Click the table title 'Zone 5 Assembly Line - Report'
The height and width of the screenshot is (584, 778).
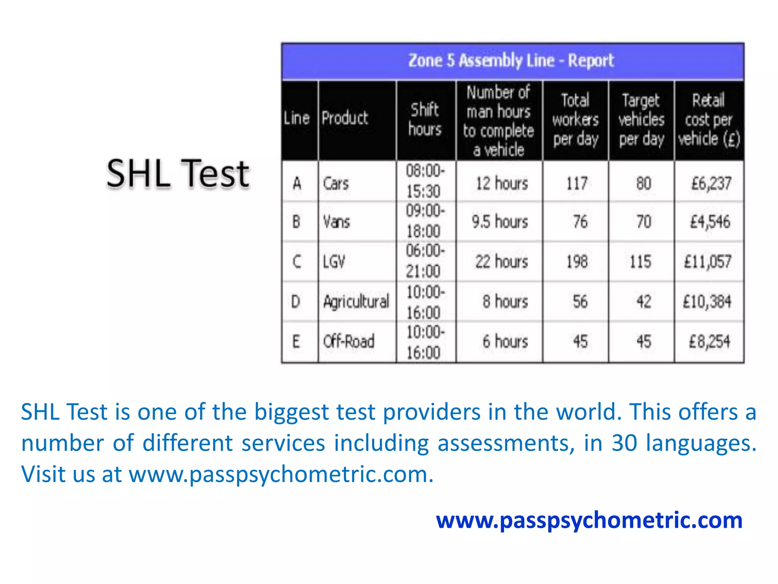(511, 61)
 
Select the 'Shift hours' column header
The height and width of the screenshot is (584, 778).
(425, 119)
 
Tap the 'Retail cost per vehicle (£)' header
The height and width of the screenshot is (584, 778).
(709, 120)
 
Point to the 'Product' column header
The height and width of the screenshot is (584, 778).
(345, 118)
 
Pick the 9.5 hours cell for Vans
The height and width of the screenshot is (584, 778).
(500, 222)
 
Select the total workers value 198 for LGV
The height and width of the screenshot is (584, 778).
(577, 262)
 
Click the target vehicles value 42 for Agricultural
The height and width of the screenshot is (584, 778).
(644, 302)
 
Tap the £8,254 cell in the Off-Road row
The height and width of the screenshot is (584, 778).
(710, 341)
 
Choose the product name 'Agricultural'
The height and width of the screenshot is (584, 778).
(356, 302)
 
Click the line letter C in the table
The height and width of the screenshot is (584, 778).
(297, 262)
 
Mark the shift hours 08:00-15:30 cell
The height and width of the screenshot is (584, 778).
(425, 181)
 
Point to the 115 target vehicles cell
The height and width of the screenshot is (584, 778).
(641, 262)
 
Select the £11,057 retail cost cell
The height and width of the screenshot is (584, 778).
(708, 262)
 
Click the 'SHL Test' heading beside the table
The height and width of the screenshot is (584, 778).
(178, 174)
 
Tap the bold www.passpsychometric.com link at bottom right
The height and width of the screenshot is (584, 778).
(589, 520)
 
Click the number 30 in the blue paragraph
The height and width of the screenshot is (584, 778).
(625, 443)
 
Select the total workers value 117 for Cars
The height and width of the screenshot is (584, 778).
(577, 184)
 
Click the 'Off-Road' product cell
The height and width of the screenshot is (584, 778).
(349, 341)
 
